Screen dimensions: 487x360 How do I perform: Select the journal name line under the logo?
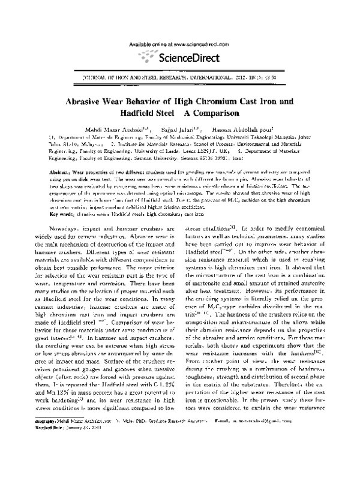pyautogui.click(x=179, y=79)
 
